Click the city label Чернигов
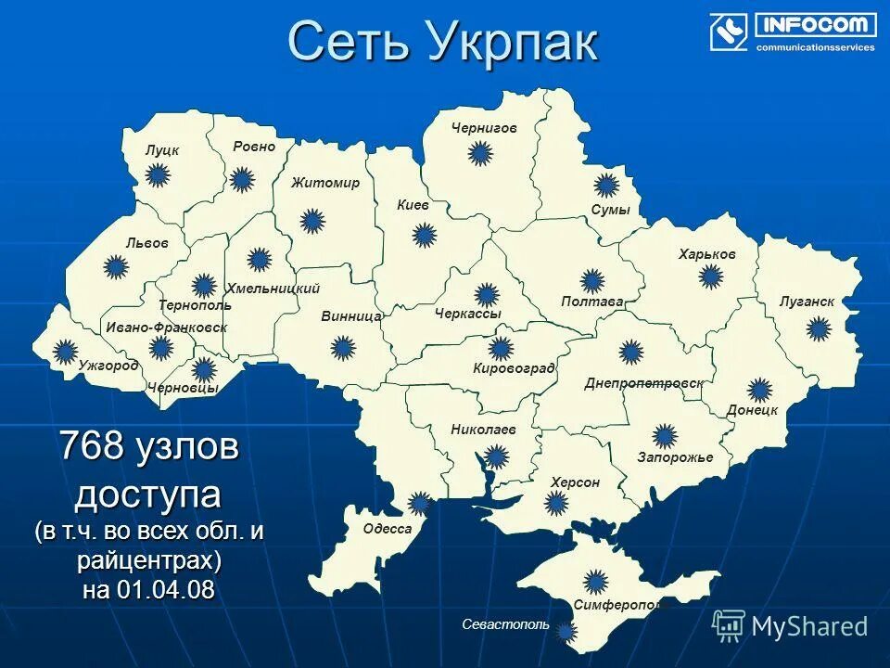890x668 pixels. coord(484,128)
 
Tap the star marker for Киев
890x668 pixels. coord(424,236)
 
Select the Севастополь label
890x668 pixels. coord(506,625)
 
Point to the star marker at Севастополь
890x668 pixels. coord(566,632)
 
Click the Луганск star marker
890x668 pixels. coord(818,328)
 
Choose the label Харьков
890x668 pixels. coord(706,254)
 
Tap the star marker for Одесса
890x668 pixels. coord(420,504)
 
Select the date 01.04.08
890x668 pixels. coord(167,590)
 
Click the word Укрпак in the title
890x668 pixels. coord(513,42)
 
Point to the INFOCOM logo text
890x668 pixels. coord(816,25)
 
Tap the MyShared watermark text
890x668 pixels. coord(809,626)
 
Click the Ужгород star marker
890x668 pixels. coord(65,351)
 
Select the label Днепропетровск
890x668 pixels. coord(643,383)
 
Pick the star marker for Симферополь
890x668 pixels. coord(597,580)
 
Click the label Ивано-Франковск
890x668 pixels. coord(166,328)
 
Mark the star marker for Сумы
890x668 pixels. coord(606,185)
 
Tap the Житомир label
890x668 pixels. coord(324,183)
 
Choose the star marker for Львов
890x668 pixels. coord(116,268)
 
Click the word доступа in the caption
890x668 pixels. coord(148,494)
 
